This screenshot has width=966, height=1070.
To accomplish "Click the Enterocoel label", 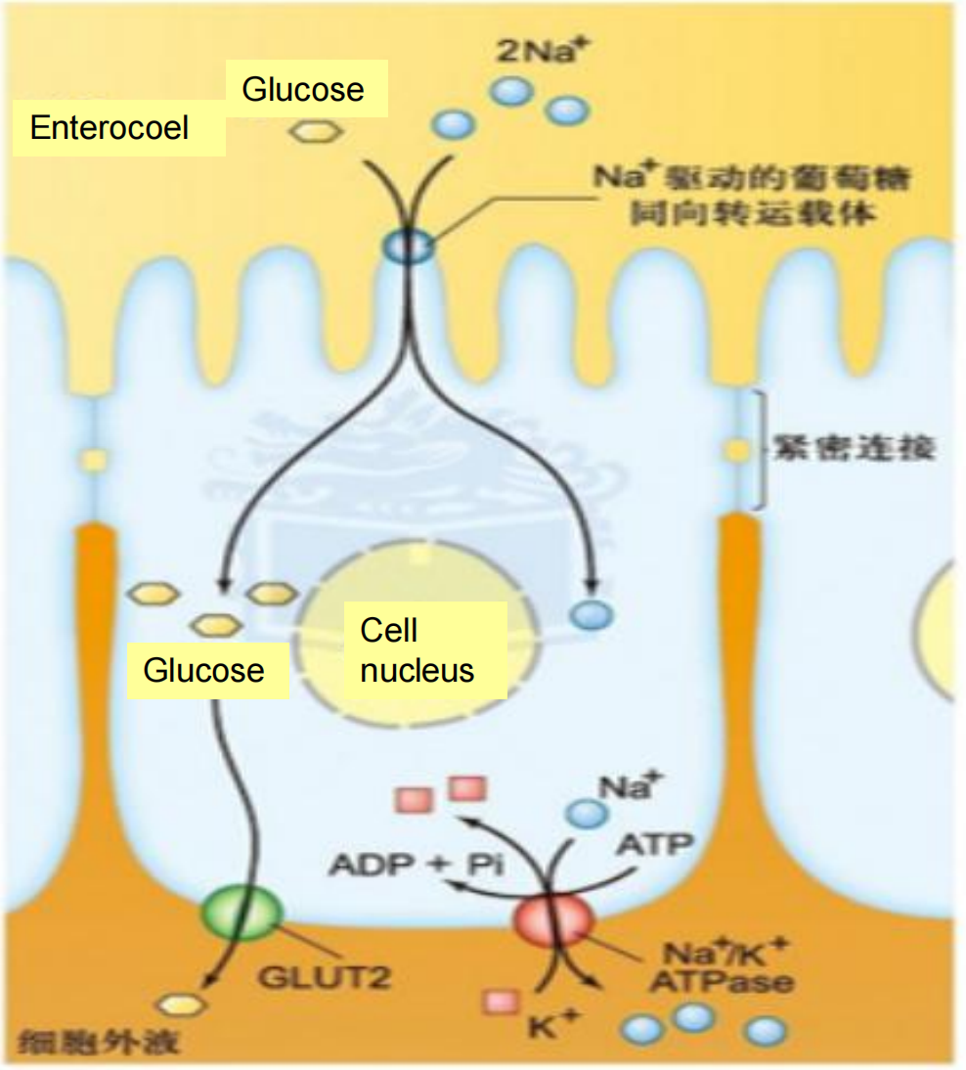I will [x=110, y=127].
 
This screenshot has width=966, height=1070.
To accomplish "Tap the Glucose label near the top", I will [x=303, y=90].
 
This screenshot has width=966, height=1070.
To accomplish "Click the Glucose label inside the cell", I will [x=203, y=670].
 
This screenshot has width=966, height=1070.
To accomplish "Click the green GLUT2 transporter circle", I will [x=241, y=912].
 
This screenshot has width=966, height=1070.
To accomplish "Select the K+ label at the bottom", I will [x=554, y=1027].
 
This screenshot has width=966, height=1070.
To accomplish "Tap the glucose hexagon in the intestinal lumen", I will [x=310, y=130].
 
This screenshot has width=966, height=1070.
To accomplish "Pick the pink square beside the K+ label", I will [x=502, y=1001].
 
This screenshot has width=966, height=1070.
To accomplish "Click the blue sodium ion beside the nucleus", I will [x=592, y=614].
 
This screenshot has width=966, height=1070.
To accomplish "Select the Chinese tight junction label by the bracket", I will [x=854, y=449].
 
